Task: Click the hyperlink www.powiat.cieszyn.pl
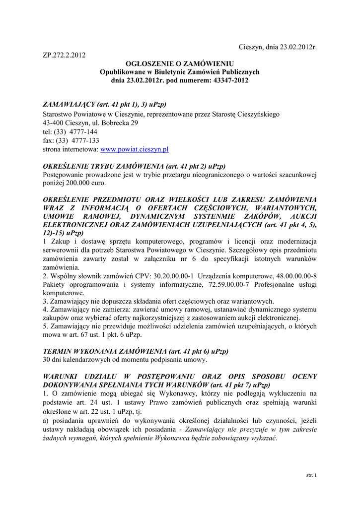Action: [x=135, y=149]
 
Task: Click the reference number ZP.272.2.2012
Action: [x=64, y=55]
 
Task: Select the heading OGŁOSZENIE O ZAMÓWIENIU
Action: [x=179, y=64]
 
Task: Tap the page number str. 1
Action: [x=312, y=475]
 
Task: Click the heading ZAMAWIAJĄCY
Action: [x=69, y=105]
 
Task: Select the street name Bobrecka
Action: [x=117, y=123]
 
